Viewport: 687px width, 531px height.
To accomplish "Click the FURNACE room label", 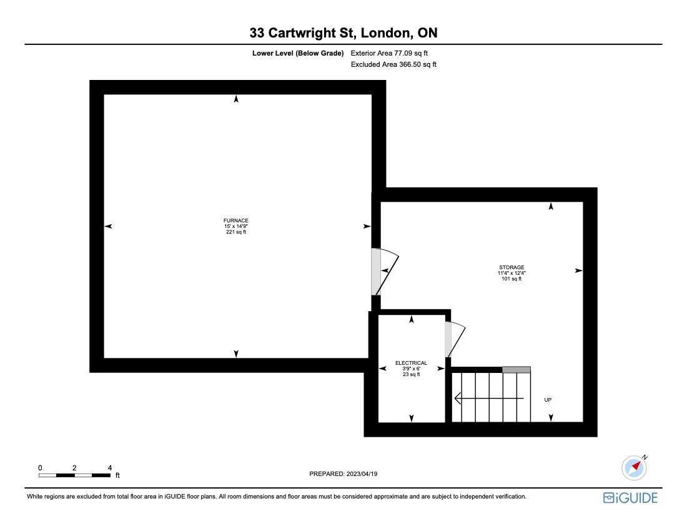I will [x=236, y=221].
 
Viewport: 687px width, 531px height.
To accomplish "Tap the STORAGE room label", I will [x=512, y=267].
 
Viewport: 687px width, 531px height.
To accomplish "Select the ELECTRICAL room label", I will [x=412, y=363].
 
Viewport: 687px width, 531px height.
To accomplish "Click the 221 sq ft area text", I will [x=236, y=232].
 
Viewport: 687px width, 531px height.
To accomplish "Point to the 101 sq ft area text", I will [x=512, y=279].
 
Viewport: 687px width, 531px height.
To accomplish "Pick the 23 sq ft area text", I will [x=412, y=374].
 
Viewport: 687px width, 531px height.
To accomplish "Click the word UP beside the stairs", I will [x=548, y=400].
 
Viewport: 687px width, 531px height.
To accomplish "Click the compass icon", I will [x=634, y=467].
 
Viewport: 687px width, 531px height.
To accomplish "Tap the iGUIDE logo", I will [x=630, y=498].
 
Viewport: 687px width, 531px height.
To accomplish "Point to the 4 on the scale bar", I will [x=110, y=467].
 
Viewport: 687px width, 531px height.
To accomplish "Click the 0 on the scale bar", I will [x=40, y=467].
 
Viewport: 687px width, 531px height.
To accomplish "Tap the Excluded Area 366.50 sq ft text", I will [x=393, y=64].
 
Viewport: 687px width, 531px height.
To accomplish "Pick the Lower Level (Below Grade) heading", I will [x=298, y=54].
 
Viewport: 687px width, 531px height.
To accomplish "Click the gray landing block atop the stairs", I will [x=516, y=370].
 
